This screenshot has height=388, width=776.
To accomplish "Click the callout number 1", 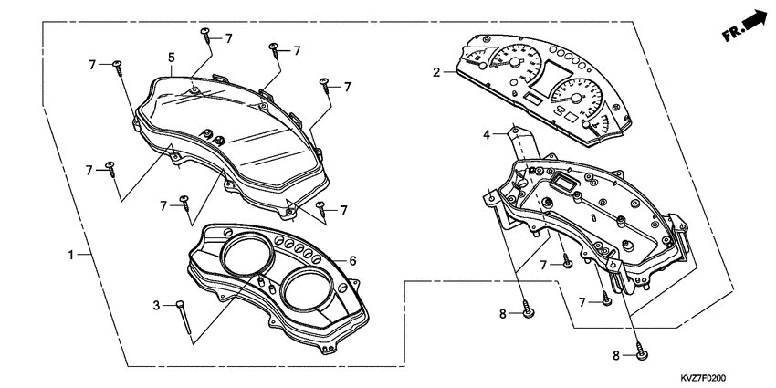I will tap(71, 255).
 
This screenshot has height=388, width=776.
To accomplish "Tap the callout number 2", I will tap(437, 71).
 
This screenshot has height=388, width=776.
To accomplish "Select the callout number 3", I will tap(156, 304).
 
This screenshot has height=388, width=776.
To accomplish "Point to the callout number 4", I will tap(488, 134).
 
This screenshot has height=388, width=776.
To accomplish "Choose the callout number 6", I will tap(352, 260).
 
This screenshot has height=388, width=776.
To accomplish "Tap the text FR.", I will tap(731, 34).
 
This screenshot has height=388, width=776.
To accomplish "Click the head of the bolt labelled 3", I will tap(181, 304).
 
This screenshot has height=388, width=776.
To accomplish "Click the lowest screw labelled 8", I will tap(642, 355).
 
